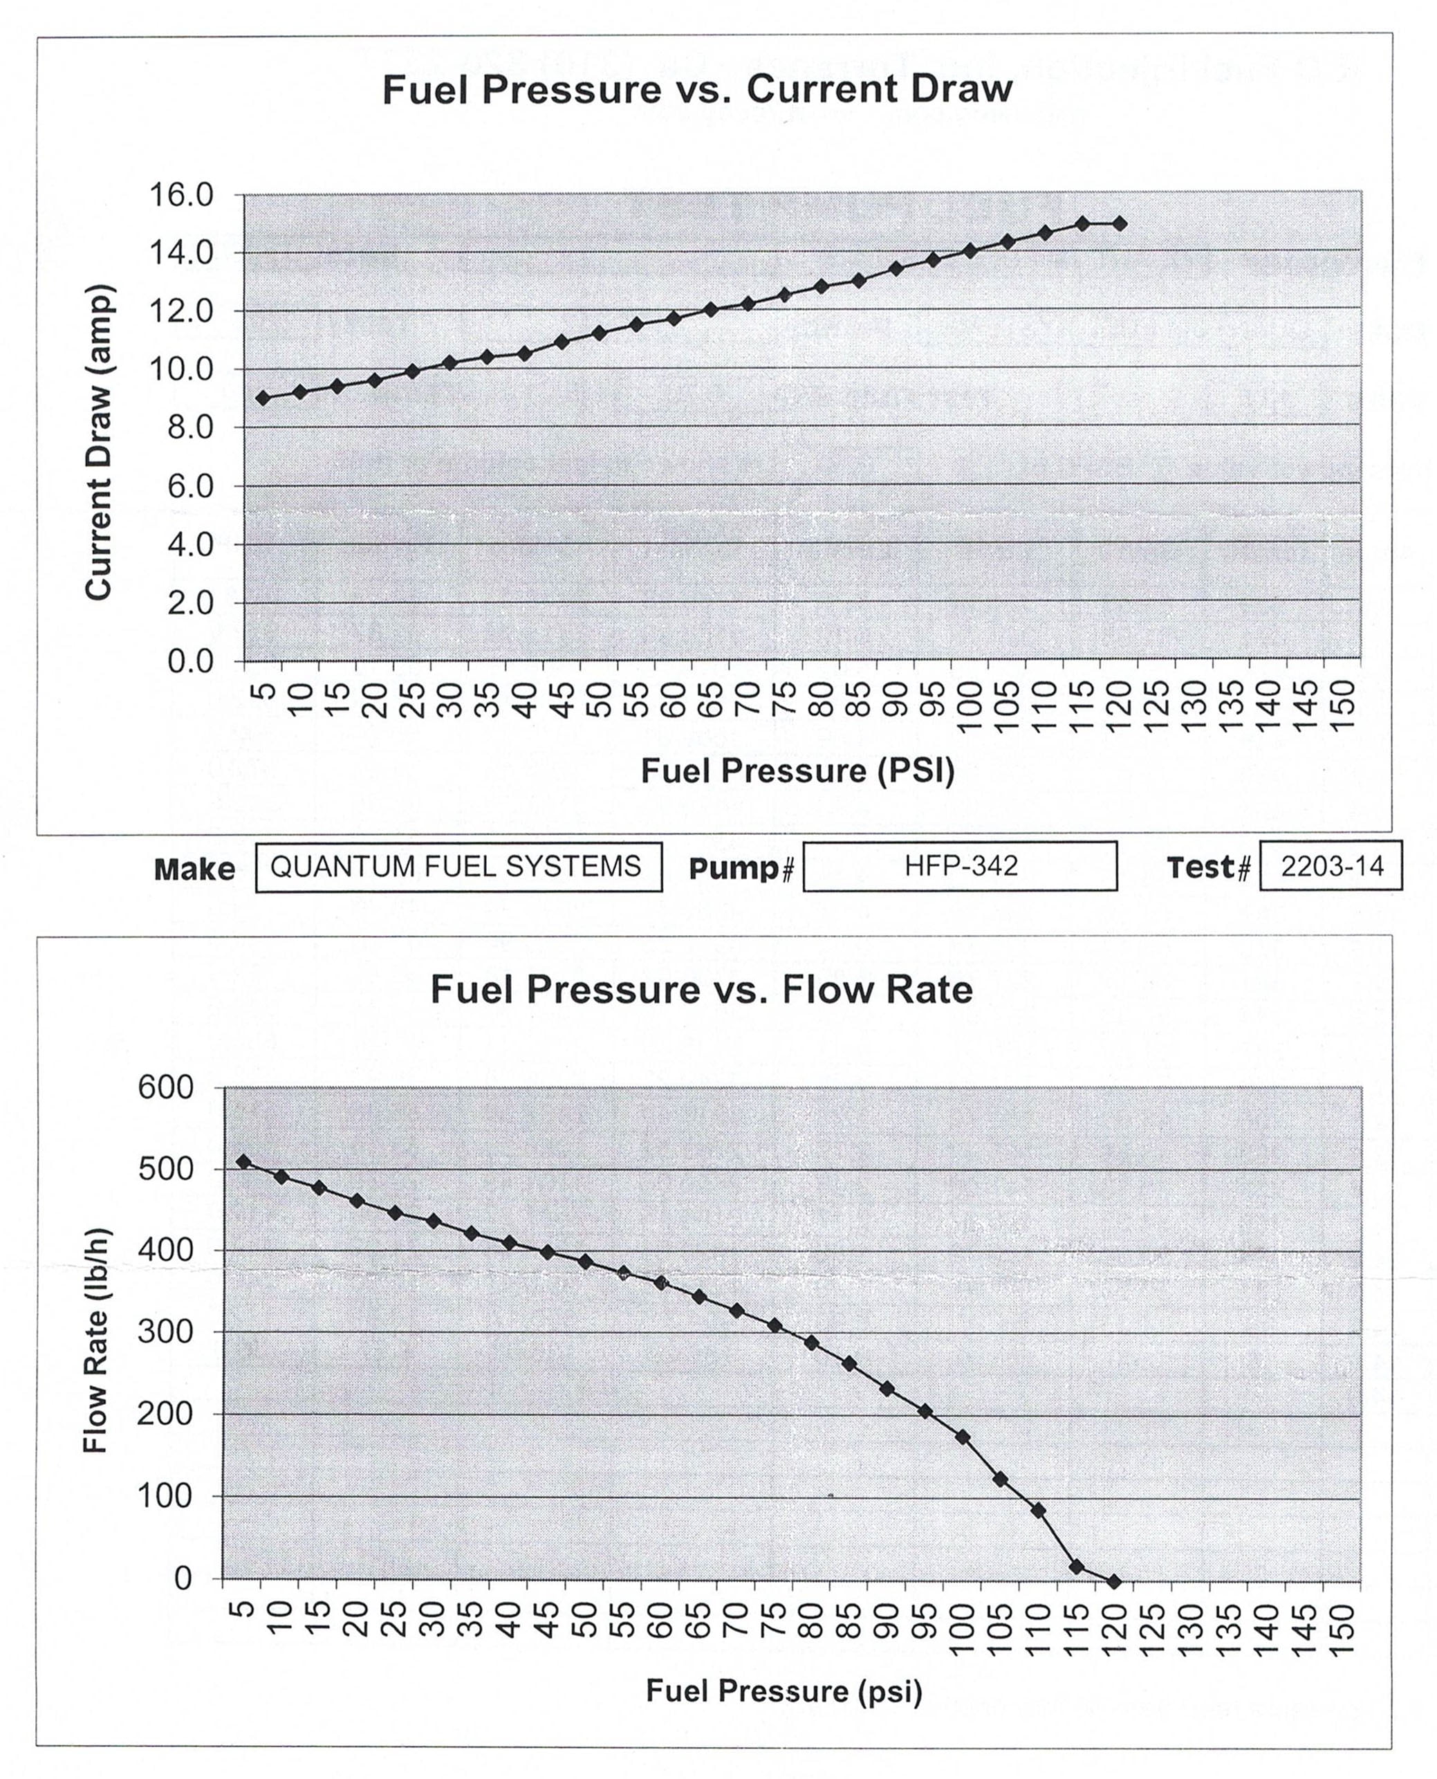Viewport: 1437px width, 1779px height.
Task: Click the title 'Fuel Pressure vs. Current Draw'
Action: [697, 89]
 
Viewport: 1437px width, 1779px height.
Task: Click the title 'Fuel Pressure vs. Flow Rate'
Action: [701, 989]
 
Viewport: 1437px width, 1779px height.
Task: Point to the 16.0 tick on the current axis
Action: [180, 195]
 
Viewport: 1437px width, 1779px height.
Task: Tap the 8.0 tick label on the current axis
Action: [180, 428]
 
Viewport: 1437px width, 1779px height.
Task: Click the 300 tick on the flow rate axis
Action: [165, 1332]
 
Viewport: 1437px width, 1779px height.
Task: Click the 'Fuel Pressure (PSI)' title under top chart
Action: [797, 771]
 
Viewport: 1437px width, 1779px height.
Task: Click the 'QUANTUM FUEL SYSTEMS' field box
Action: [458, 867]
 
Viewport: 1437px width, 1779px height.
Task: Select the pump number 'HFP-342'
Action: [961, 867]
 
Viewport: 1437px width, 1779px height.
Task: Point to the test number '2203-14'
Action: [1331, 867]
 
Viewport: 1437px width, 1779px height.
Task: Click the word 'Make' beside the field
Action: [194, 869]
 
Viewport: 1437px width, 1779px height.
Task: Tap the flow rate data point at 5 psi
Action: [243, 1161]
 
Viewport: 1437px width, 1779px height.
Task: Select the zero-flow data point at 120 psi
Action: [1114, 1581]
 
